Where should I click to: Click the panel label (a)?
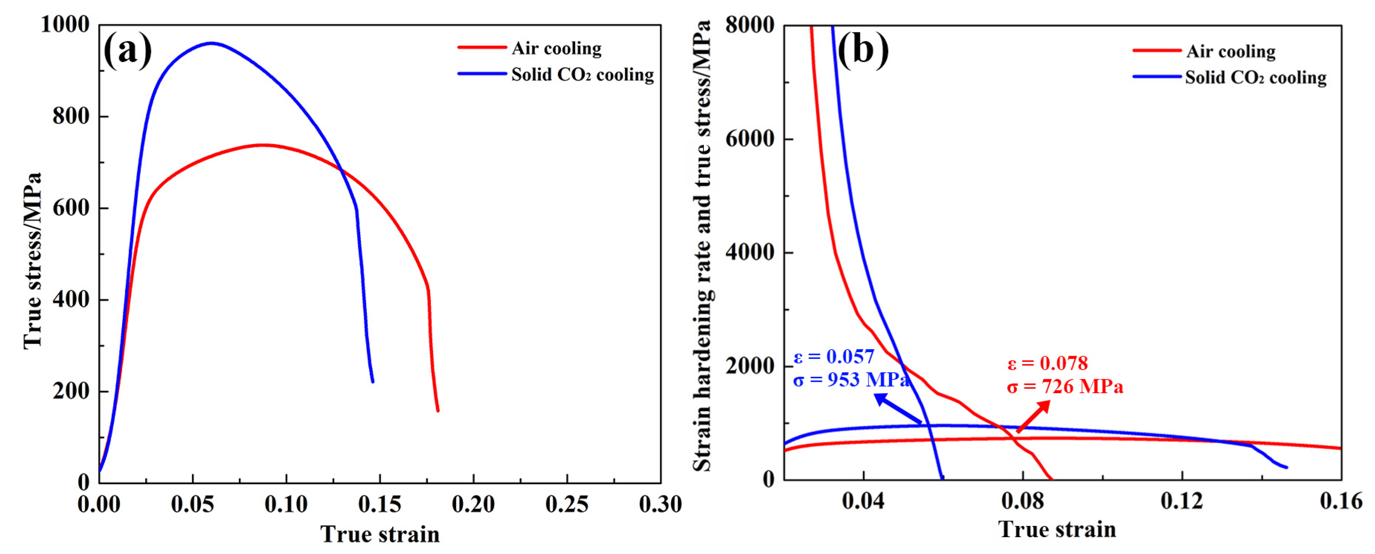(x=127, y=51)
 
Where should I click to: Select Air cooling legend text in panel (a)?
(x=556, y=49)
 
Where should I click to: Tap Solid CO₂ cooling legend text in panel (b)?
(x=1256, y=78)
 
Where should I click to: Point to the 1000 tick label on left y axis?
(x=65, y=24)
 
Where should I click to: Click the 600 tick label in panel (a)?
(x=71, y=208)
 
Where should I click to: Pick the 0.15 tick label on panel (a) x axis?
(x=380, y=504)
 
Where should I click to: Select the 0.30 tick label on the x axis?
(x=660, y=504)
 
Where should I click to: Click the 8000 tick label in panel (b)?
(x=750, y=25)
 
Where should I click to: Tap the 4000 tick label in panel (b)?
(x=750, y=252)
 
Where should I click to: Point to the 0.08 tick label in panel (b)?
(x=1022, y=501)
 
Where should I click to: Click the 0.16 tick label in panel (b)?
(x=1340, y=501)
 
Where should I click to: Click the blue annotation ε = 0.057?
(x=834, y=356)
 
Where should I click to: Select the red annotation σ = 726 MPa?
(x=1065, y=386)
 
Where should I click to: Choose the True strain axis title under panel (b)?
(x=1057, y=529)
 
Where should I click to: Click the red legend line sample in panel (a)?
(x=481, y=48)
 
